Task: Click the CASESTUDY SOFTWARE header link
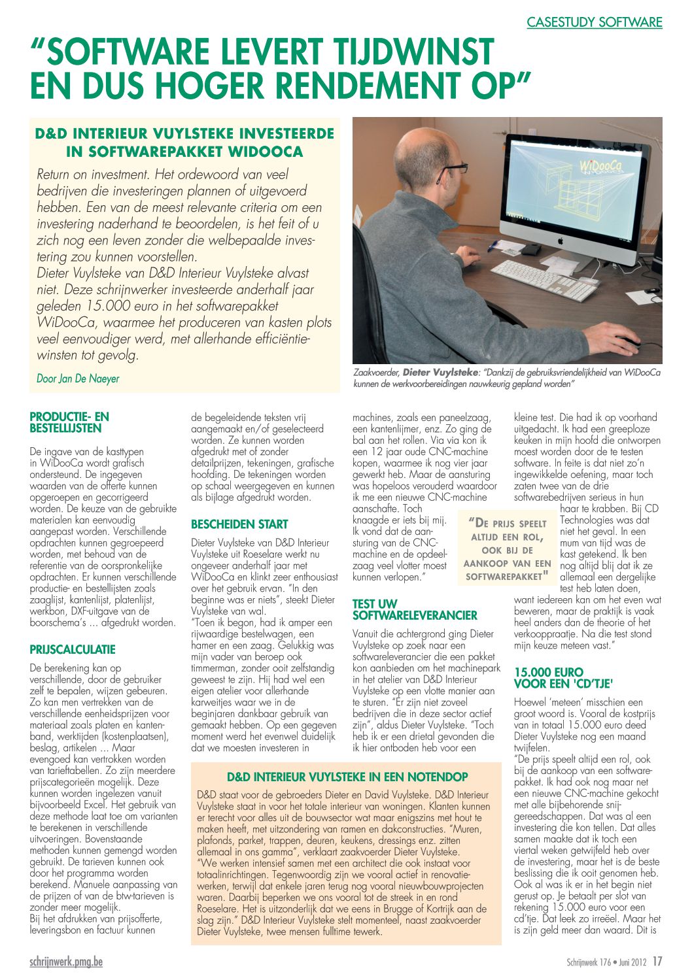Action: point(594,23)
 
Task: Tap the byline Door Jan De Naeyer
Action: point(78,379)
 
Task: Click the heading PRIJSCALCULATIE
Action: point(73,649)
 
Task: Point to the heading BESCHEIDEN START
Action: point(239,524)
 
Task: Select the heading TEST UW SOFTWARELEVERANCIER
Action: point(415,609)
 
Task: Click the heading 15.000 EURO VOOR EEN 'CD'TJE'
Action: point(563,678)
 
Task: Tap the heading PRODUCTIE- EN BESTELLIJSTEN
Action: point(69,422)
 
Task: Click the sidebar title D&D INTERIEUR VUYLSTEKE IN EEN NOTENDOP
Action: point(347,777)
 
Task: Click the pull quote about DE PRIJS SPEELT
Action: point(507,549)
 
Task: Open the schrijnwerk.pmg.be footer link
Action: point(66,962)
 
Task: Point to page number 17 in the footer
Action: point(657,962)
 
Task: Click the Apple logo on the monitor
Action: point(561,241)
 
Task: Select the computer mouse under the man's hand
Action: point(629,341)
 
